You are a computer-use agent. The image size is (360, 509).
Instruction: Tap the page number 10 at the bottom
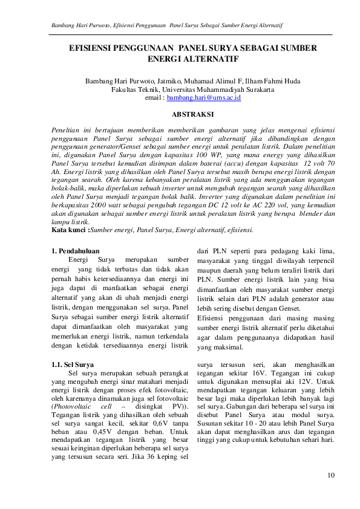coord(330,475)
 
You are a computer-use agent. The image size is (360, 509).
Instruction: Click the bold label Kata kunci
coord(69,230)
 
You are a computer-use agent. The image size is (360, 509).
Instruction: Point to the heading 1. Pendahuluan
coord(76,250)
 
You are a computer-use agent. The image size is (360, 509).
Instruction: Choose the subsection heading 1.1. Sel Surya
coord(73,365)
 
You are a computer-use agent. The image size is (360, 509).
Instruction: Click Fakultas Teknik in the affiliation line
coord(133,89)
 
